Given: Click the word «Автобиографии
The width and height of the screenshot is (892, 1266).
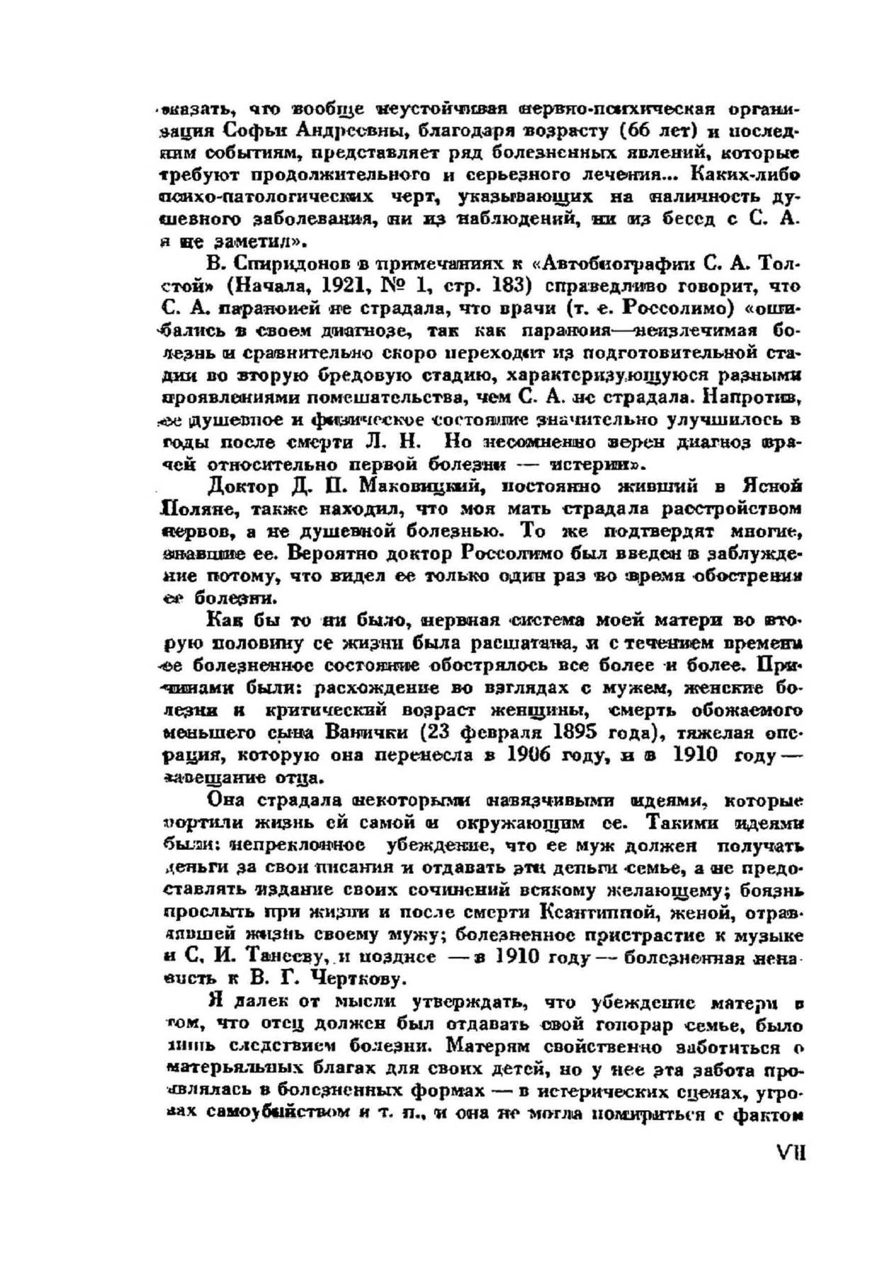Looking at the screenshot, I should coord(612,265).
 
